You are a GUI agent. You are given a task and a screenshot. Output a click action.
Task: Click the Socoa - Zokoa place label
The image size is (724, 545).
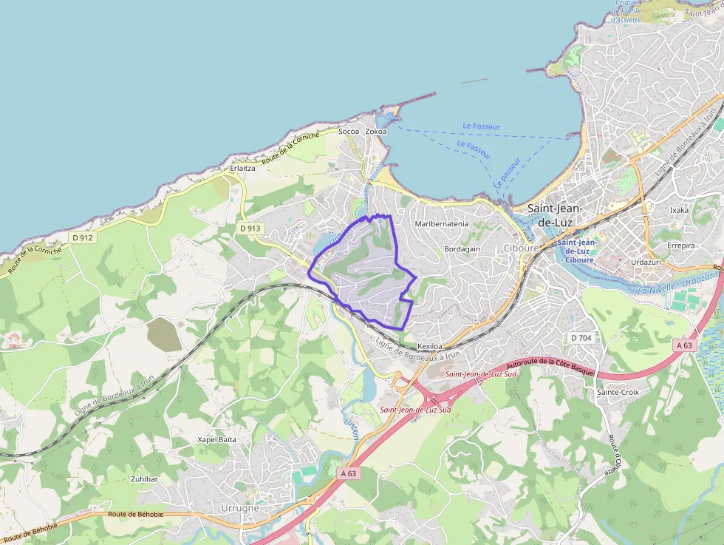[362, 132]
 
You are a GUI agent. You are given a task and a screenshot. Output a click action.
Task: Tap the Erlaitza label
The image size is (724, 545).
[242, 168]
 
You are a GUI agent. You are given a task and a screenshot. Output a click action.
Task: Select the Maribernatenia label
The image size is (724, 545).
[442, 223]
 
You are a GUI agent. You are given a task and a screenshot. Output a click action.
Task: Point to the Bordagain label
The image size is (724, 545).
[462, 249]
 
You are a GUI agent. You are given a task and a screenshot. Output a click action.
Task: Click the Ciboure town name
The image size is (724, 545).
[521, 248]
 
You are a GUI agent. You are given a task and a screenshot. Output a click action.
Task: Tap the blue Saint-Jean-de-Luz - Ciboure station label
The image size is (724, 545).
[577, 251]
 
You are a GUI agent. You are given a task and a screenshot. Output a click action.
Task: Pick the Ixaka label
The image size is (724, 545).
[678, 210]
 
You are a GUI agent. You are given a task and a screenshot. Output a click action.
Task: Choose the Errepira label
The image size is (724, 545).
[681, 246]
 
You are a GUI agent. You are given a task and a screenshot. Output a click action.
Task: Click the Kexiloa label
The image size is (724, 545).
[430, 346]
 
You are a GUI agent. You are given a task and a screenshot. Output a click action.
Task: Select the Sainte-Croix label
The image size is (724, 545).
[618, 392]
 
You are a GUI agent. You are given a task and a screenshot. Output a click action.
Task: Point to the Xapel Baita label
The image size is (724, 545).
[216, 439]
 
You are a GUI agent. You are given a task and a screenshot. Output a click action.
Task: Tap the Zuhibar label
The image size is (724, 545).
[144, 479]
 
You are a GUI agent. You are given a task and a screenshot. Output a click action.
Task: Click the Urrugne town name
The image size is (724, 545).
[241, 509]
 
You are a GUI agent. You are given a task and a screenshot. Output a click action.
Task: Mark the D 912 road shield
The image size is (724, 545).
[83, 237]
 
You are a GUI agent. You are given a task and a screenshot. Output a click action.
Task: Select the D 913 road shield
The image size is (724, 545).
[250, 229]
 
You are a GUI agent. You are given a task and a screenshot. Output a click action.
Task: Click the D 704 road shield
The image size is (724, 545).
[582, 338]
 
